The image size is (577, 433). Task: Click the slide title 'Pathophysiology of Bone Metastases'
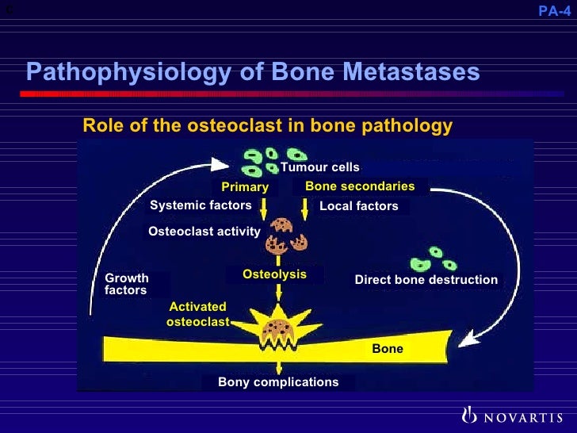coord(253,72)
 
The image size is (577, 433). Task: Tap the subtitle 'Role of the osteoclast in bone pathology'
coord(268,126)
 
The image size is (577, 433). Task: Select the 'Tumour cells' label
coord(320,167)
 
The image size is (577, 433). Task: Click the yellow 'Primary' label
coord(245,187)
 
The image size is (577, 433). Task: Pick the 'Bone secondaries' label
coord(360,186)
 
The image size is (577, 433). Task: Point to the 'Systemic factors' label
coord(201,205)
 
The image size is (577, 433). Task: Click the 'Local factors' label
coord(358,206)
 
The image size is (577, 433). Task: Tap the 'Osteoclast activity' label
coord(204,232)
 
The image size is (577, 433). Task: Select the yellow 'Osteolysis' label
coord(274,274)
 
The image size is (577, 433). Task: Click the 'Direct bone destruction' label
coord(426,280)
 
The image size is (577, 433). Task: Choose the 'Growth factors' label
coord(127,284)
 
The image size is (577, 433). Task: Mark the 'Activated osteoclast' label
coord(197,314)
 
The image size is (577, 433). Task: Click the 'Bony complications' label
coord(278,382)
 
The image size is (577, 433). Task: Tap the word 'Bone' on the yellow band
coord(388,349)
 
